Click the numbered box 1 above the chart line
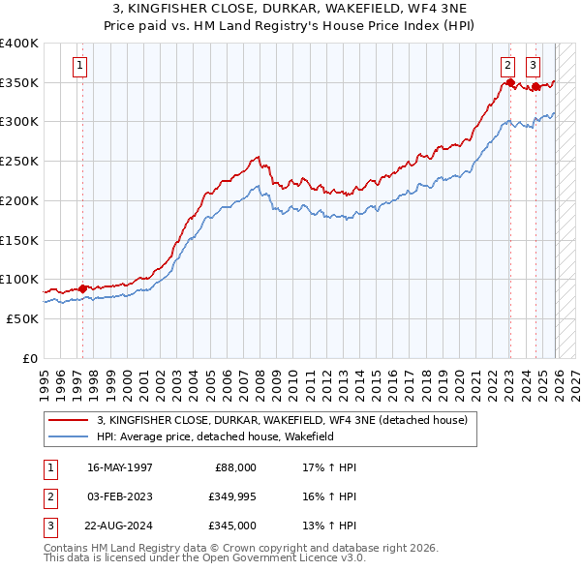78,66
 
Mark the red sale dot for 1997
82,287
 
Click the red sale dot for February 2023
509,83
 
